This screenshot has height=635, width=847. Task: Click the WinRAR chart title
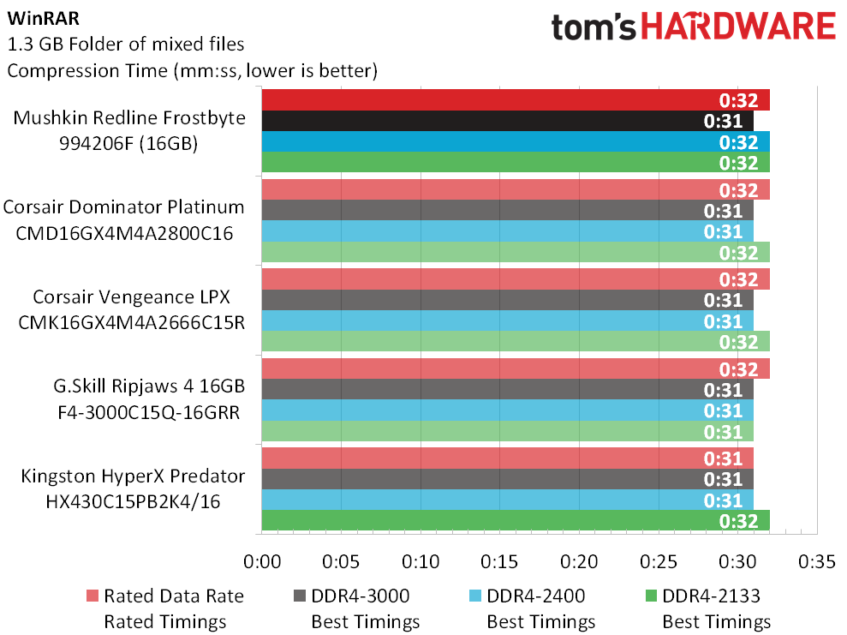43,18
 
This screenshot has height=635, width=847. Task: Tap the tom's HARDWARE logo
693,27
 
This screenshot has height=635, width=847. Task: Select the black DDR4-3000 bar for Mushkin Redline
507,121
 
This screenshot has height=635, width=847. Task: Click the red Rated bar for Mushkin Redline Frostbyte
516,100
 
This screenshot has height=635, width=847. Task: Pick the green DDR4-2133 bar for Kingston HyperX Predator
516,520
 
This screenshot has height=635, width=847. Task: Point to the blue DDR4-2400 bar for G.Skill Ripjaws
507,410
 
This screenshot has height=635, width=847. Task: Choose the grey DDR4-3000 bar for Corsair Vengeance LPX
507,300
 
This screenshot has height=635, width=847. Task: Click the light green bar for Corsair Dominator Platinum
516,253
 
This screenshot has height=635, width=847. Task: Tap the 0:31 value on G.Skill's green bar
723,432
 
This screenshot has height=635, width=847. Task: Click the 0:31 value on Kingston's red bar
723,458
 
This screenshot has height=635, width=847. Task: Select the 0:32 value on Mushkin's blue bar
738,142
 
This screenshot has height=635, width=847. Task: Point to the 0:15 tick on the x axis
499,561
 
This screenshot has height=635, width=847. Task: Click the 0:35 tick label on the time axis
817,561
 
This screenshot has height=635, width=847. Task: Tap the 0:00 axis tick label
262,561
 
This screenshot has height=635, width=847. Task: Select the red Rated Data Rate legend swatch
92,596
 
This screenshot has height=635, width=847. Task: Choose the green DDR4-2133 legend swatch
651,596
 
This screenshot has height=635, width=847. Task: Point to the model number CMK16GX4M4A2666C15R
131,322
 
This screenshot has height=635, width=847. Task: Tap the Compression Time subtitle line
192,71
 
